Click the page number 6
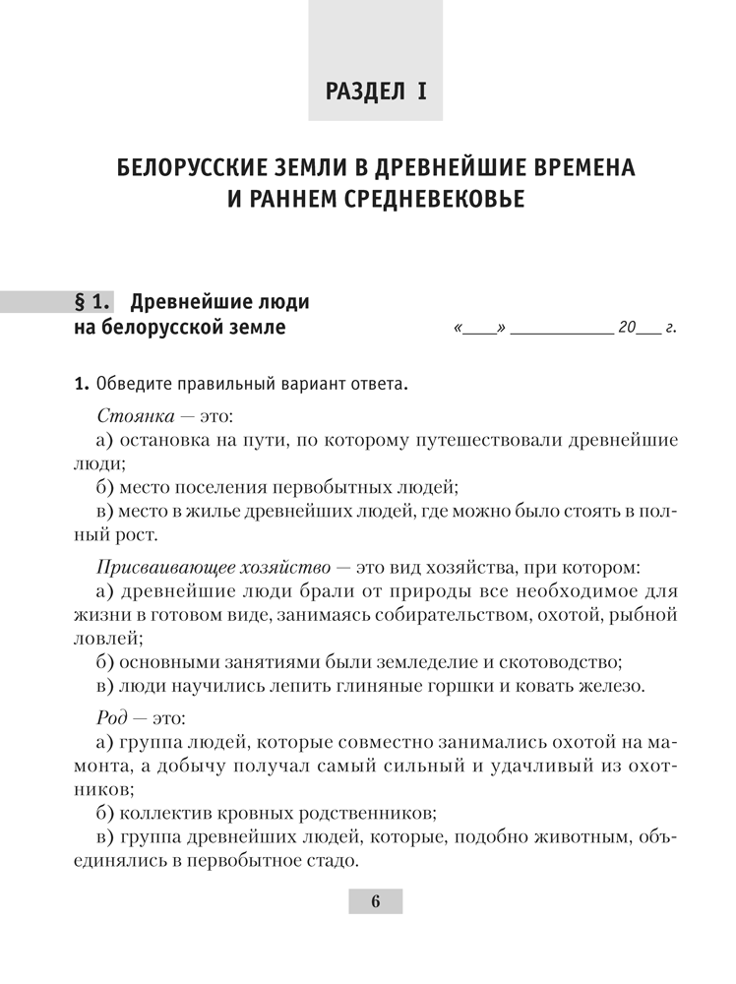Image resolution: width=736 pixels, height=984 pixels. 375,901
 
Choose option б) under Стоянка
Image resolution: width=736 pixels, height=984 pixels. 105,486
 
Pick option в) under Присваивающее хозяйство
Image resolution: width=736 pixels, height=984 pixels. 105,685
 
